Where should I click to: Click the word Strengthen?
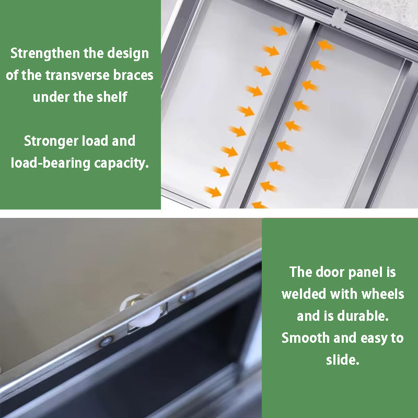(x=45, y=54)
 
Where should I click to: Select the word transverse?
(x=77, y=75)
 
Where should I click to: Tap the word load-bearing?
(x=50, y=163)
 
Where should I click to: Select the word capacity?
(x=121, y=164)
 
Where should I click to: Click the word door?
(x=330, y=272)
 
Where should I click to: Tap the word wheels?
(x=382, y=294)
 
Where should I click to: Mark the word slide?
(x=343, y=359)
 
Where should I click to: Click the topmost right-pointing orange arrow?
(x=279, y=30)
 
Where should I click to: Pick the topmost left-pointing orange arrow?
(x=326, y=45)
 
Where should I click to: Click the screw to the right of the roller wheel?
(x=187, y=295)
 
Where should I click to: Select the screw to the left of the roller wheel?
(x=106, y=341)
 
